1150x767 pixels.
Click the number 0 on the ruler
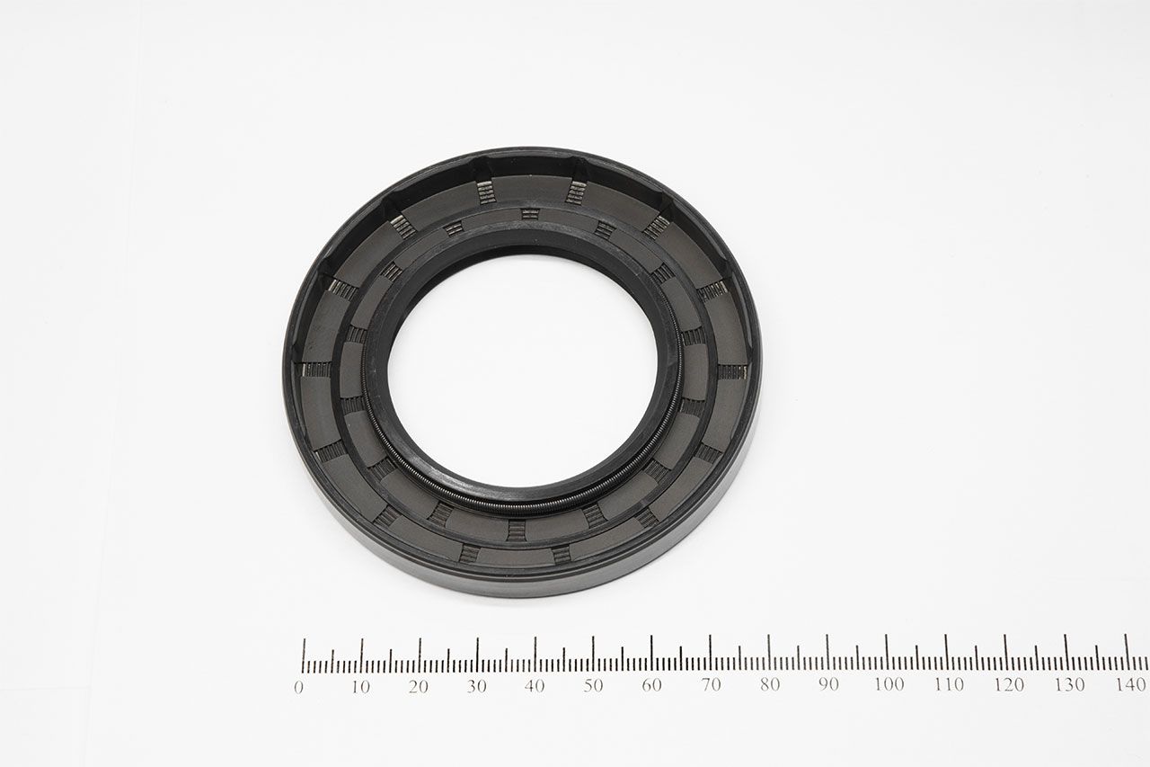pos(299,687)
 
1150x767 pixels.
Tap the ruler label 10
pos(360,687)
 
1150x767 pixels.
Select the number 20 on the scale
pos(419,687)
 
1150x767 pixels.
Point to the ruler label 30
pos(476,686)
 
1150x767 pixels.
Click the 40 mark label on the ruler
pos(535,686)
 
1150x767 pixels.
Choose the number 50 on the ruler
pos(593,685)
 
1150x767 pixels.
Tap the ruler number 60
pos(651,685)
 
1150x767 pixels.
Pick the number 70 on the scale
pos(711,684)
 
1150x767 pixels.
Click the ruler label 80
pos(770,684)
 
